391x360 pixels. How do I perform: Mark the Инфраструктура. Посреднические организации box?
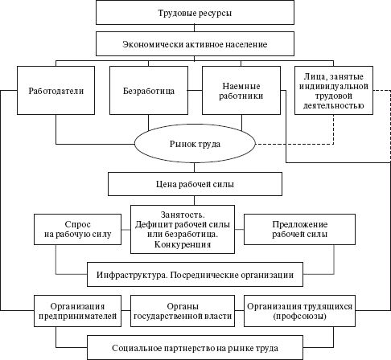195,273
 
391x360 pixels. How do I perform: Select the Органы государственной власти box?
186,311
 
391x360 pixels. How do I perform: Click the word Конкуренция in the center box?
186,245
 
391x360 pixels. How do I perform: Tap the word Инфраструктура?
134,273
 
